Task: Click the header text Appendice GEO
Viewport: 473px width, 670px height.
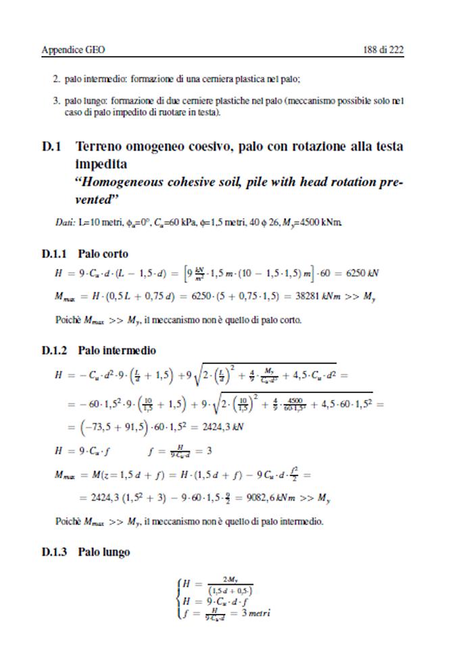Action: [74, 50]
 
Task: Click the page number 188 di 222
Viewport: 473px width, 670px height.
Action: [379, 50]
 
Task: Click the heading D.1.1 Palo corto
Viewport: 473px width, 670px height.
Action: [84, 255]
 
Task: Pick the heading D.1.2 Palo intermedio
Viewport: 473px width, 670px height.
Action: [99, 351]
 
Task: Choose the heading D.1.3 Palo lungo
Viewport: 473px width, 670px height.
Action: [86, 552]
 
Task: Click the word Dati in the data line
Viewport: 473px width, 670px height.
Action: [65, 222]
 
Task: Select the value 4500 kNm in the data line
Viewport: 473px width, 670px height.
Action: [328, 222]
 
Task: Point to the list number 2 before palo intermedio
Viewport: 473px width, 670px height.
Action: [56, 79]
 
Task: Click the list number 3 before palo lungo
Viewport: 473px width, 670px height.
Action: [56, 101]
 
